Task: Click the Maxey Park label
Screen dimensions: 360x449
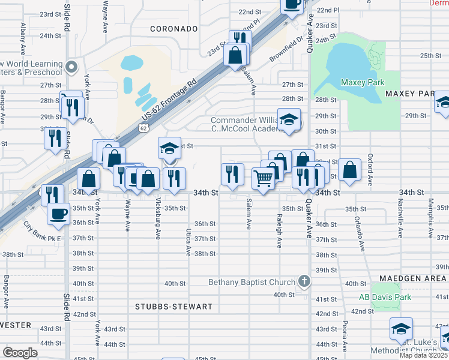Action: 363,82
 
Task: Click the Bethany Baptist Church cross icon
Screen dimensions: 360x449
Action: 304,281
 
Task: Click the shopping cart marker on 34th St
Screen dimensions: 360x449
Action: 263,179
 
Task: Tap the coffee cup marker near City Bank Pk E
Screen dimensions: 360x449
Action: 59,214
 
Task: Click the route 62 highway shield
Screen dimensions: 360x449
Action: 142,128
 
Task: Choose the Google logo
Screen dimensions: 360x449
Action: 20,352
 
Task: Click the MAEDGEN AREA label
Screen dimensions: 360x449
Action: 413,278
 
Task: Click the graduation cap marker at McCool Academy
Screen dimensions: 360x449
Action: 289,120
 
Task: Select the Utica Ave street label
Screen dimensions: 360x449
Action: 188,241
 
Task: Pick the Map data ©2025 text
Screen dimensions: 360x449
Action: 424,355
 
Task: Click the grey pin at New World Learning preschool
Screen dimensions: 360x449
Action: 72,67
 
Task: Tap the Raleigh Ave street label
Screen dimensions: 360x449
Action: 279,230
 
